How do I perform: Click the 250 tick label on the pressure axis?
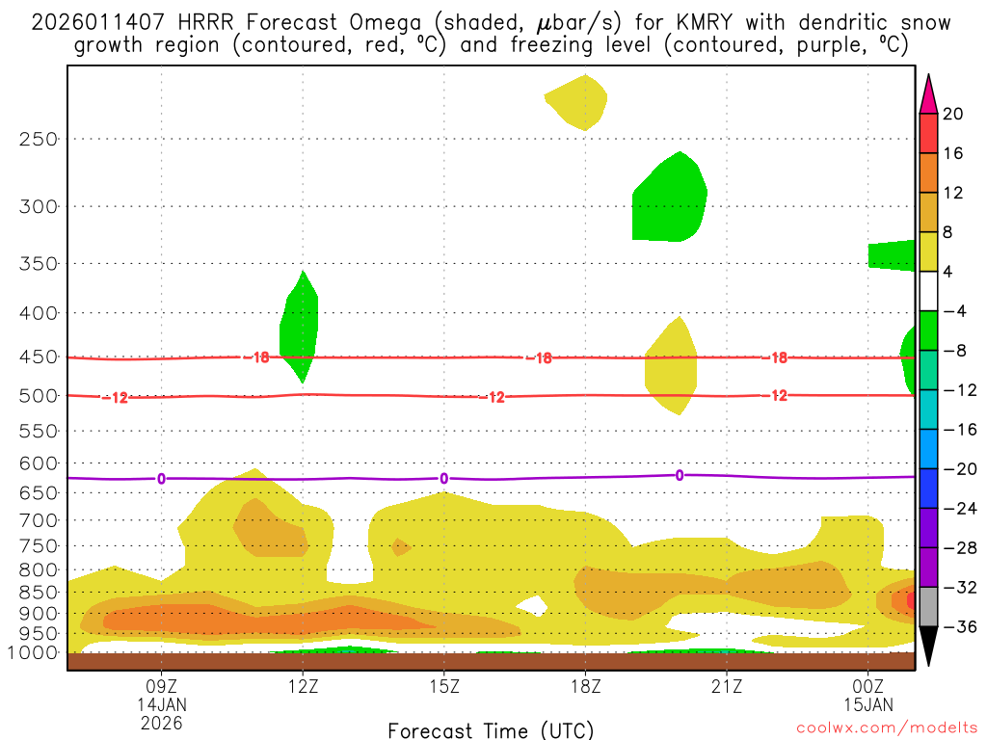tap(39, 139)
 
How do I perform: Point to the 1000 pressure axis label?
tap(35, 653)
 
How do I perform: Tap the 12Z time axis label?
tap(303, 686)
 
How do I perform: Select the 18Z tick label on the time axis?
tap(585, 686)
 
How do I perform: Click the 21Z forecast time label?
tap(727, 686)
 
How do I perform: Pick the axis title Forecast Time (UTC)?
tap(491, 729)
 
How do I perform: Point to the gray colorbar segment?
tap(928, 607)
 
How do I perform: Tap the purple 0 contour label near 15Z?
tap(443, 479)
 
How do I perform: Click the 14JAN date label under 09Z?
tap(161, 704)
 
